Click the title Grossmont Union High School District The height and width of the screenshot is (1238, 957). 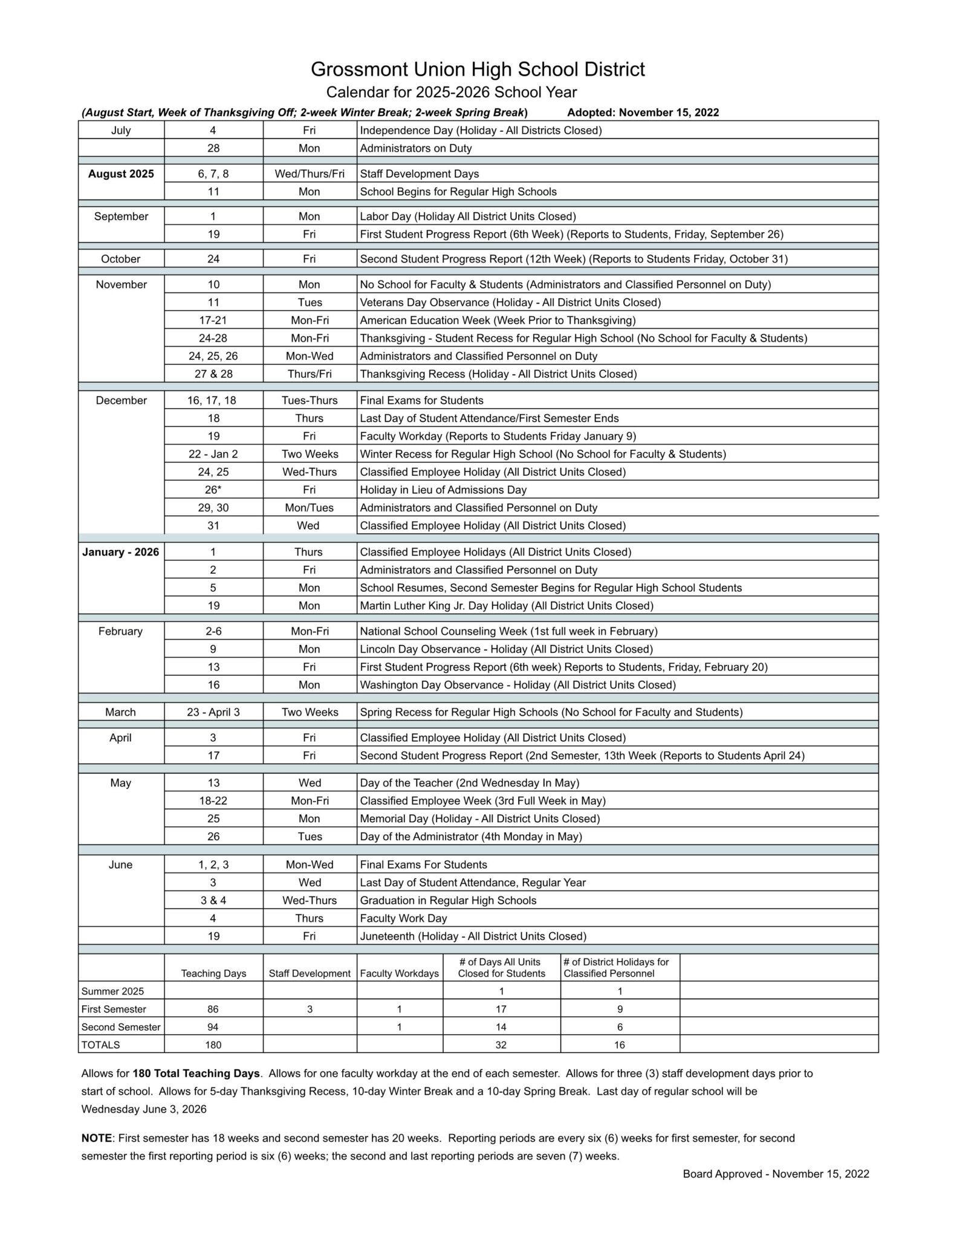pyautogui.click(x=478, y=70)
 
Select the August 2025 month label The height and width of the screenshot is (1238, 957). pyautogui.click(x=121, y=174)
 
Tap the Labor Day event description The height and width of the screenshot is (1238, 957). pyautogui.click(x=467, y=216)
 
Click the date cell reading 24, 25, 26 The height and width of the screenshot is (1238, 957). pyautogui.click(x=213, y=356)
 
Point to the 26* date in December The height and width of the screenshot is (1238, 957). pyautogui.click(x=213, y=490)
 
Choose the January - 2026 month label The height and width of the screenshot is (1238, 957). pyautogui.click(x=121, y=552)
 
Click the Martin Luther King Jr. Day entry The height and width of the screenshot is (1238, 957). pyautogui.click(x=506, y=606)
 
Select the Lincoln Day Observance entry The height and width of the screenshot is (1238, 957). pyautogui.click(x=506, y=649)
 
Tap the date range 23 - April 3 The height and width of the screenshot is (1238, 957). pyautogui.click(x=213, y=712)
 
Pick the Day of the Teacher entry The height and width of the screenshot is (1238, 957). pyautogui.click(x=469, y=783)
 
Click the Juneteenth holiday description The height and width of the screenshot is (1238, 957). pyautogui.click(x=473, y=936)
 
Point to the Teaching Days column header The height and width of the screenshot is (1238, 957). pyautogui.click(x=213, y=973)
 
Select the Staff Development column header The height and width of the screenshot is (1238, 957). pyautogui.click(x=310, y=973)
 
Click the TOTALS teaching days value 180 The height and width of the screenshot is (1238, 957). pyautogui.click(x=213, y=1045)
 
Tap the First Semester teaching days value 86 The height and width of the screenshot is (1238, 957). pyautogui.click(x=213, y=1009)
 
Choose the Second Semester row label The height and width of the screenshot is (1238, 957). pyautogui.click(x=121, y=1027)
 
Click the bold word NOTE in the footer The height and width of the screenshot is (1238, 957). pyautogui.click(x=96, y=1138)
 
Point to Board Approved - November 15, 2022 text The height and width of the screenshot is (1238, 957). pyautogui.click(x=776, y=1174)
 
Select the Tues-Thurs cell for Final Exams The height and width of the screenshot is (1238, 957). pyautogui.click(x=310, y=400)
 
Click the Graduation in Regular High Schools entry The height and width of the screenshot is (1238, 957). pyautogui.click(x=448, y=900)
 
